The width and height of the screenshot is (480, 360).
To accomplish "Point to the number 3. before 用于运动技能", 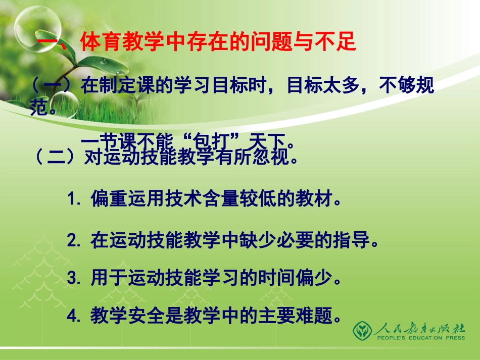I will pyautogui.click(x=74, y=278).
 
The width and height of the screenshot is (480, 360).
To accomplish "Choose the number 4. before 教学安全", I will pyautogui.click(x=74, y=317).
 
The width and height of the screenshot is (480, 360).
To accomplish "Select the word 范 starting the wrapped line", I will pyautogui.click(x=40, y=107).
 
